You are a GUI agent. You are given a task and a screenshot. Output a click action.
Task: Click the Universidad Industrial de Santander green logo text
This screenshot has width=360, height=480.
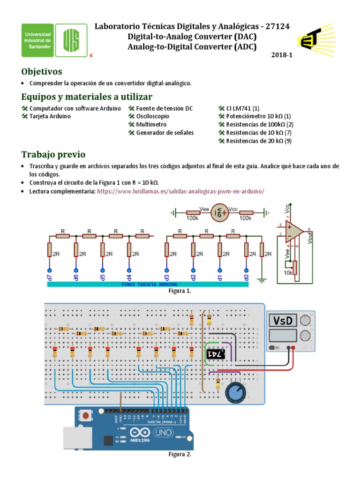pos(37,41)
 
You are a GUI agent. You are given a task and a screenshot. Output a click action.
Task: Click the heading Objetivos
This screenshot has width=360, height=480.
pos(42,72)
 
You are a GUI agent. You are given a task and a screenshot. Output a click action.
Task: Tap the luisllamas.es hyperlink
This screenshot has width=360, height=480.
pos(180,191)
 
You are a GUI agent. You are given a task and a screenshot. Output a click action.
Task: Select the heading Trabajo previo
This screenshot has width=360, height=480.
pos(53,155)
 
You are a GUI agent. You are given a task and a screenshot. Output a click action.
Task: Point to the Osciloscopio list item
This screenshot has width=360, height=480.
pos(152,116)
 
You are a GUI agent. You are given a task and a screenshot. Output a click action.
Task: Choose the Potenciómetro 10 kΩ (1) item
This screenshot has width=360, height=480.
pos(258,116)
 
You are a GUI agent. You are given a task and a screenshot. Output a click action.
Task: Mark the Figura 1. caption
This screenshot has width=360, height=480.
pos(180,291)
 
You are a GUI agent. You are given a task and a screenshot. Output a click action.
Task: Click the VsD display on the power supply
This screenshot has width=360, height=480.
pos(283,321)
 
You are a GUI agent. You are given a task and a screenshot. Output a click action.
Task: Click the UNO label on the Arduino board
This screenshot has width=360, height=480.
pos(164,433)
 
